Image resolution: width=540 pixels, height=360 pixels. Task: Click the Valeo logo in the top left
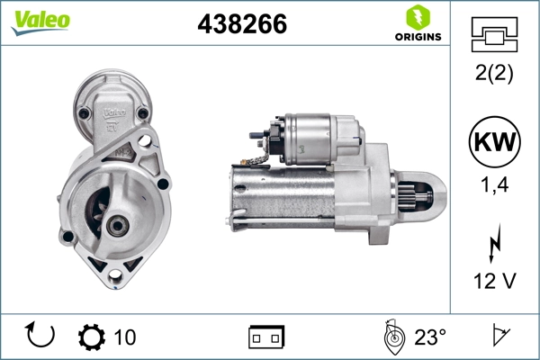pos(40,22)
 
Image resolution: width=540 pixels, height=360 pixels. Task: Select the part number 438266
pos(242,25)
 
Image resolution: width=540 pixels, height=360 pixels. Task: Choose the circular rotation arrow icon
pos(40,336)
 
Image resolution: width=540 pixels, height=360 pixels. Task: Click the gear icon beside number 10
pos(92,337)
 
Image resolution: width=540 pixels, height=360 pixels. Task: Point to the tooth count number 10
pos(126,337)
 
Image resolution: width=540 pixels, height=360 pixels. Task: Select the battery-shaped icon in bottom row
pos(267,337)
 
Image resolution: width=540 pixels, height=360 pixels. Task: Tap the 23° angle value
pos(429,337)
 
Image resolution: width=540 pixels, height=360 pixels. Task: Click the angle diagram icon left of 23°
pos(391,336)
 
